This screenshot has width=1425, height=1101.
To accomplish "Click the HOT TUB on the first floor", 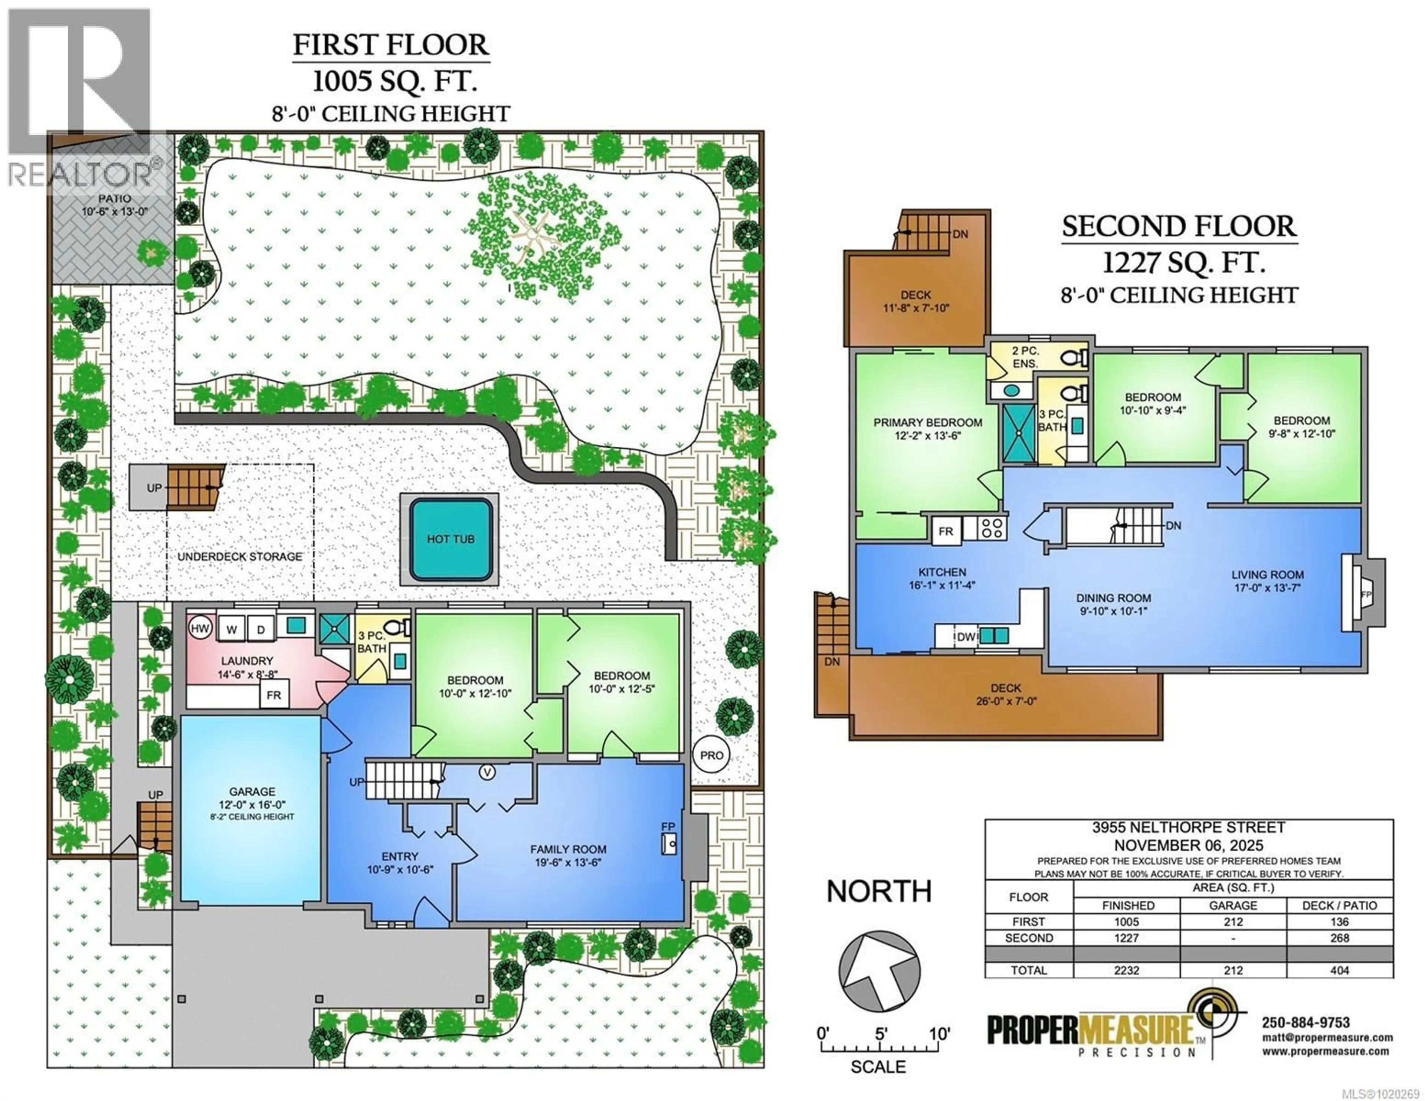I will pyautogui.click(x=450, y=539).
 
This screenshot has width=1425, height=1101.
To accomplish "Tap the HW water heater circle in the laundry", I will pyautogui.click(x=200, y=629).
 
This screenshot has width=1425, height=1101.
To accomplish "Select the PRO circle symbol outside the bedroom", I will pyautogui.click(x=711, y=755).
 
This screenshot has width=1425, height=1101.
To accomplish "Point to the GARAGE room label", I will pyautogui.click(x=252, y=792).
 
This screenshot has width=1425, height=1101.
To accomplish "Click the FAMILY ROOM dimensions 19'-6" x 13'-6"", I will pyautogui.click(x=568, y=862).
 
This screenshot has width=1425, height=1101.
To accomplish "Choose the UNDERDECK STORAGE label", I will pyautogui.click(x=240, y=557).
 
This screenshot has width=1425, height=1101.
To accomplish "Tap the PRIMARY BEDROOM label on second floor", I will pyautogui.click(x=928, y=423).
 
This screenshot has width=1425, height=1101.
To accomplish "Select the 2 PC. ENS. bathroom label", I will pyautogui.click(x=1025, y=357).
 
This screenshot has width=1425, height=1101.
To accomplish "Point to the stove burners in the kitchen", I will pyautogui.click(x=992, y=527).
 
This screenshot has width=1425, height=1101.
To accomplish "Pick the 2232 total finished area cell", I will pyautogui.click(x=1126, y=970).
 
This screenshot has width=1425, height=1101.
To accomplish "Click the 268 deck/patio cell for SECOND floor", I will pyautogui.click(x=1340, y=938).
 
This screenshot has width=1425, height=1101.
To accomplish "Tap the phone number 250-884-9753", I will pyautogui.click(x=1306, y=1023).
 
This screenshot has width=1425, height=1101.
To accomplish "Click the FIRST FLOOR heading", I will pyautogui.click(x=390, y=45).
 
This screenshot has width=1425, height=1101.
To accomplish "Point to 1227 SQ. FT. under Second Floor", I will pyautogui.click(x=1183, y=263).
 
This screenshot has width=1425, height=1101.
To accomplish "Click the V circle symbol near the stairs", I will pyautogui.click(x=487, y=773).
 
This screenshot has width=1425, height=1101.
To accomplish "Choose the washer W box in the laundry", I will pyautogui.click(x=231, y=629).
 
